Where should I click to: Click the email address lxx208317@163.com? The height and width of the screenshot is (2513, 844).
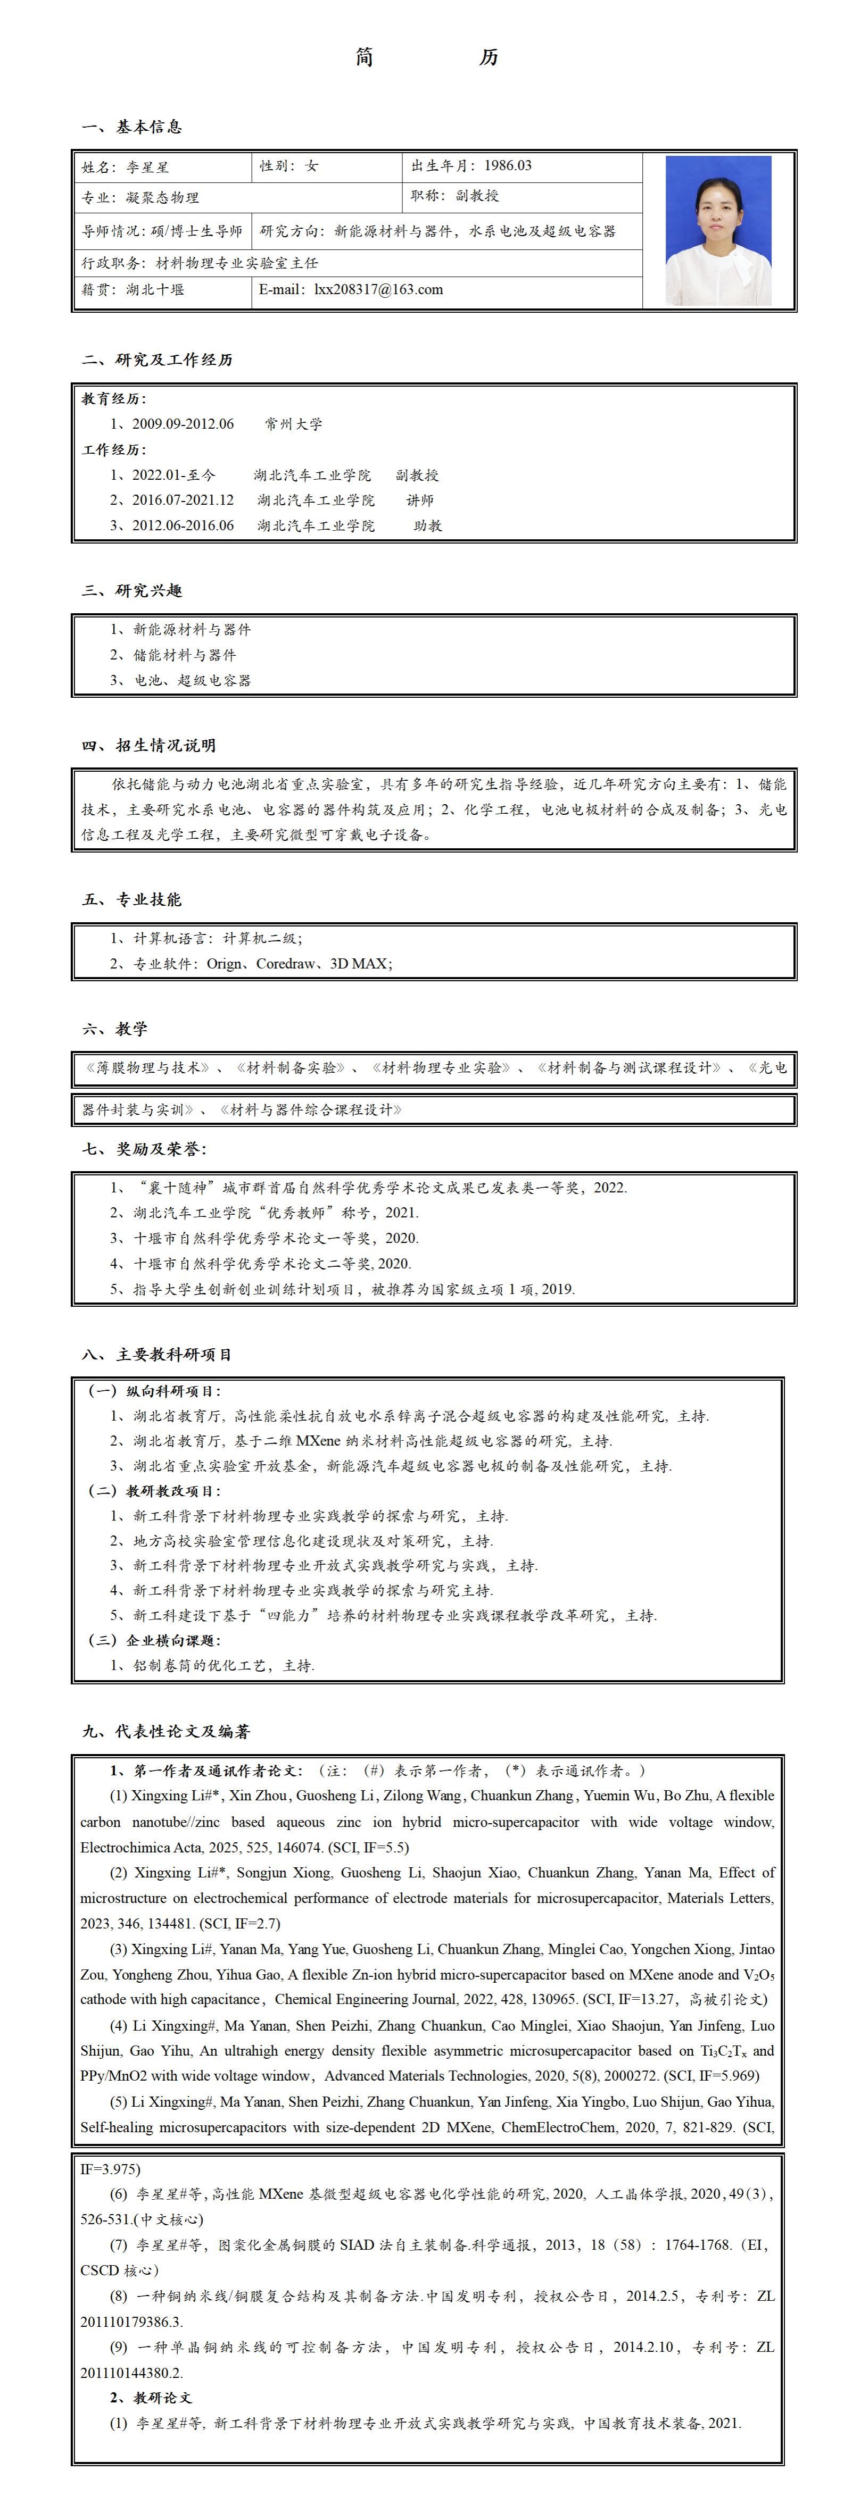(x=378, y=290)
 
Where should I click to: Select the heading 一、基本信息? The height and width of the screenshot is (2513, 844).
(x=132, y=127)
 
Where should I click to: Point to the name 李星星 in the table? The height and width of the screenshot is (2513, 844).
(x=147, y=168)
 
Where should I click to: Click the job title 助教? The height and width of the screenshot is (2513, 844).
(x=427, y=526)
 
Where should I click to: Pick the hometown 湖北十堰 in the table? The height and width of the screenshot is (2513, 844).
(x=155, y=290)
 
